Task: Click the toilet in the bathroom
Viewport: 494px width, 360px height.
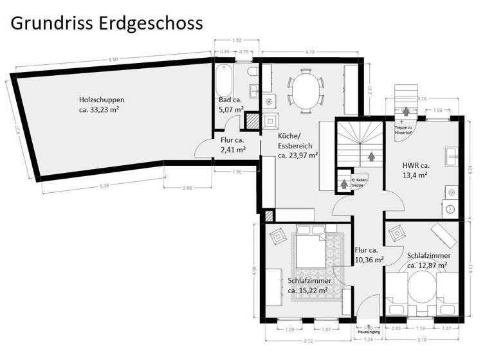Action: pos(253,70)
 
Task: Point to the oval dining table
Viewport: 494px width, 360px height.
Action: pos(306,91)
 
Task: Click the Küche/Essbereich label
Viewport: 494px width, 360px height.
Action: pos(297,146)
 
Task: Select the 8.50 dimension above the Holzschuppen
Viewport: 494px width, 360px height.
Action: pos(113,59)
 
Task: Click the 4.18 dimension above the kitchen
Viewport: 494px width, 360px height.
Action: pos(309,51)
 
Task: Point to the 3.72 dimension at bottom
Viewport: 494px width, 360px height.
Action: pos(308,340)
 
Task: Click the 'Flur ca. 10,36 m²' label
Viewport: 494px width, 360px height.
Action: pos(369,255)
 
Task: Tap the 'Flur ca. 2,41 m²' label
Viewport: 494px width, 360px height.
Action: pos(232,145)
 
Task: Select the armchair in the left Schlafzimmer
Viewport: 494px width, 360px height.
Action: pos(279,236)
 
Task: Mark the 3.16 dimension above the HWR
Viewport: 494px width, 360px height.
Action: pos(422,99)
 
